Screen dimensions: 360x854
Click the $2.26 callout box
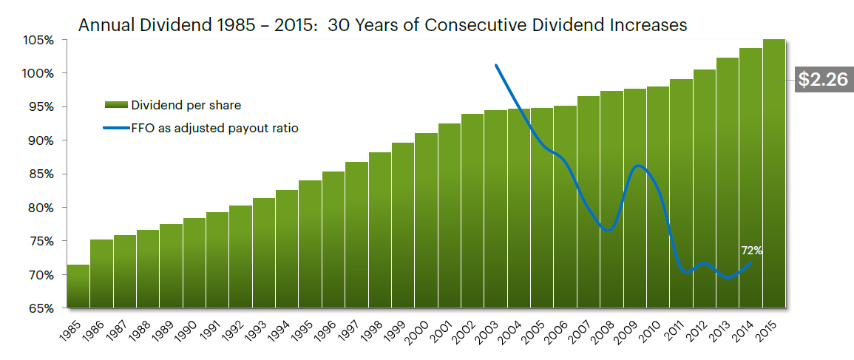pos(821,80)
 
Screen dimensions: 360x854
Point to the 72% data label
pos(752,251)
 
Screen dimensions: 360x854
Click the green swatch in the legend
pos(116,105)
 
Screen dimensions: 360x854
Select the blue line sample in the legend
pos(116,128)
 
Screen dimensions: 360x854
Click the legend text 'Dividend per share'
pos(186,105)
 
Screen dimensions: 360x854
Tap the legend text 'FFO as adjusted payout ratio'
pos(214,128)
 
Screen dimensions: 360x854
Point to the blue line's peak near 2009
pos(639,166)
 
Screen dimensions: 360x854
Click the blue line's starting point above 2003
pos(495,65)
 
